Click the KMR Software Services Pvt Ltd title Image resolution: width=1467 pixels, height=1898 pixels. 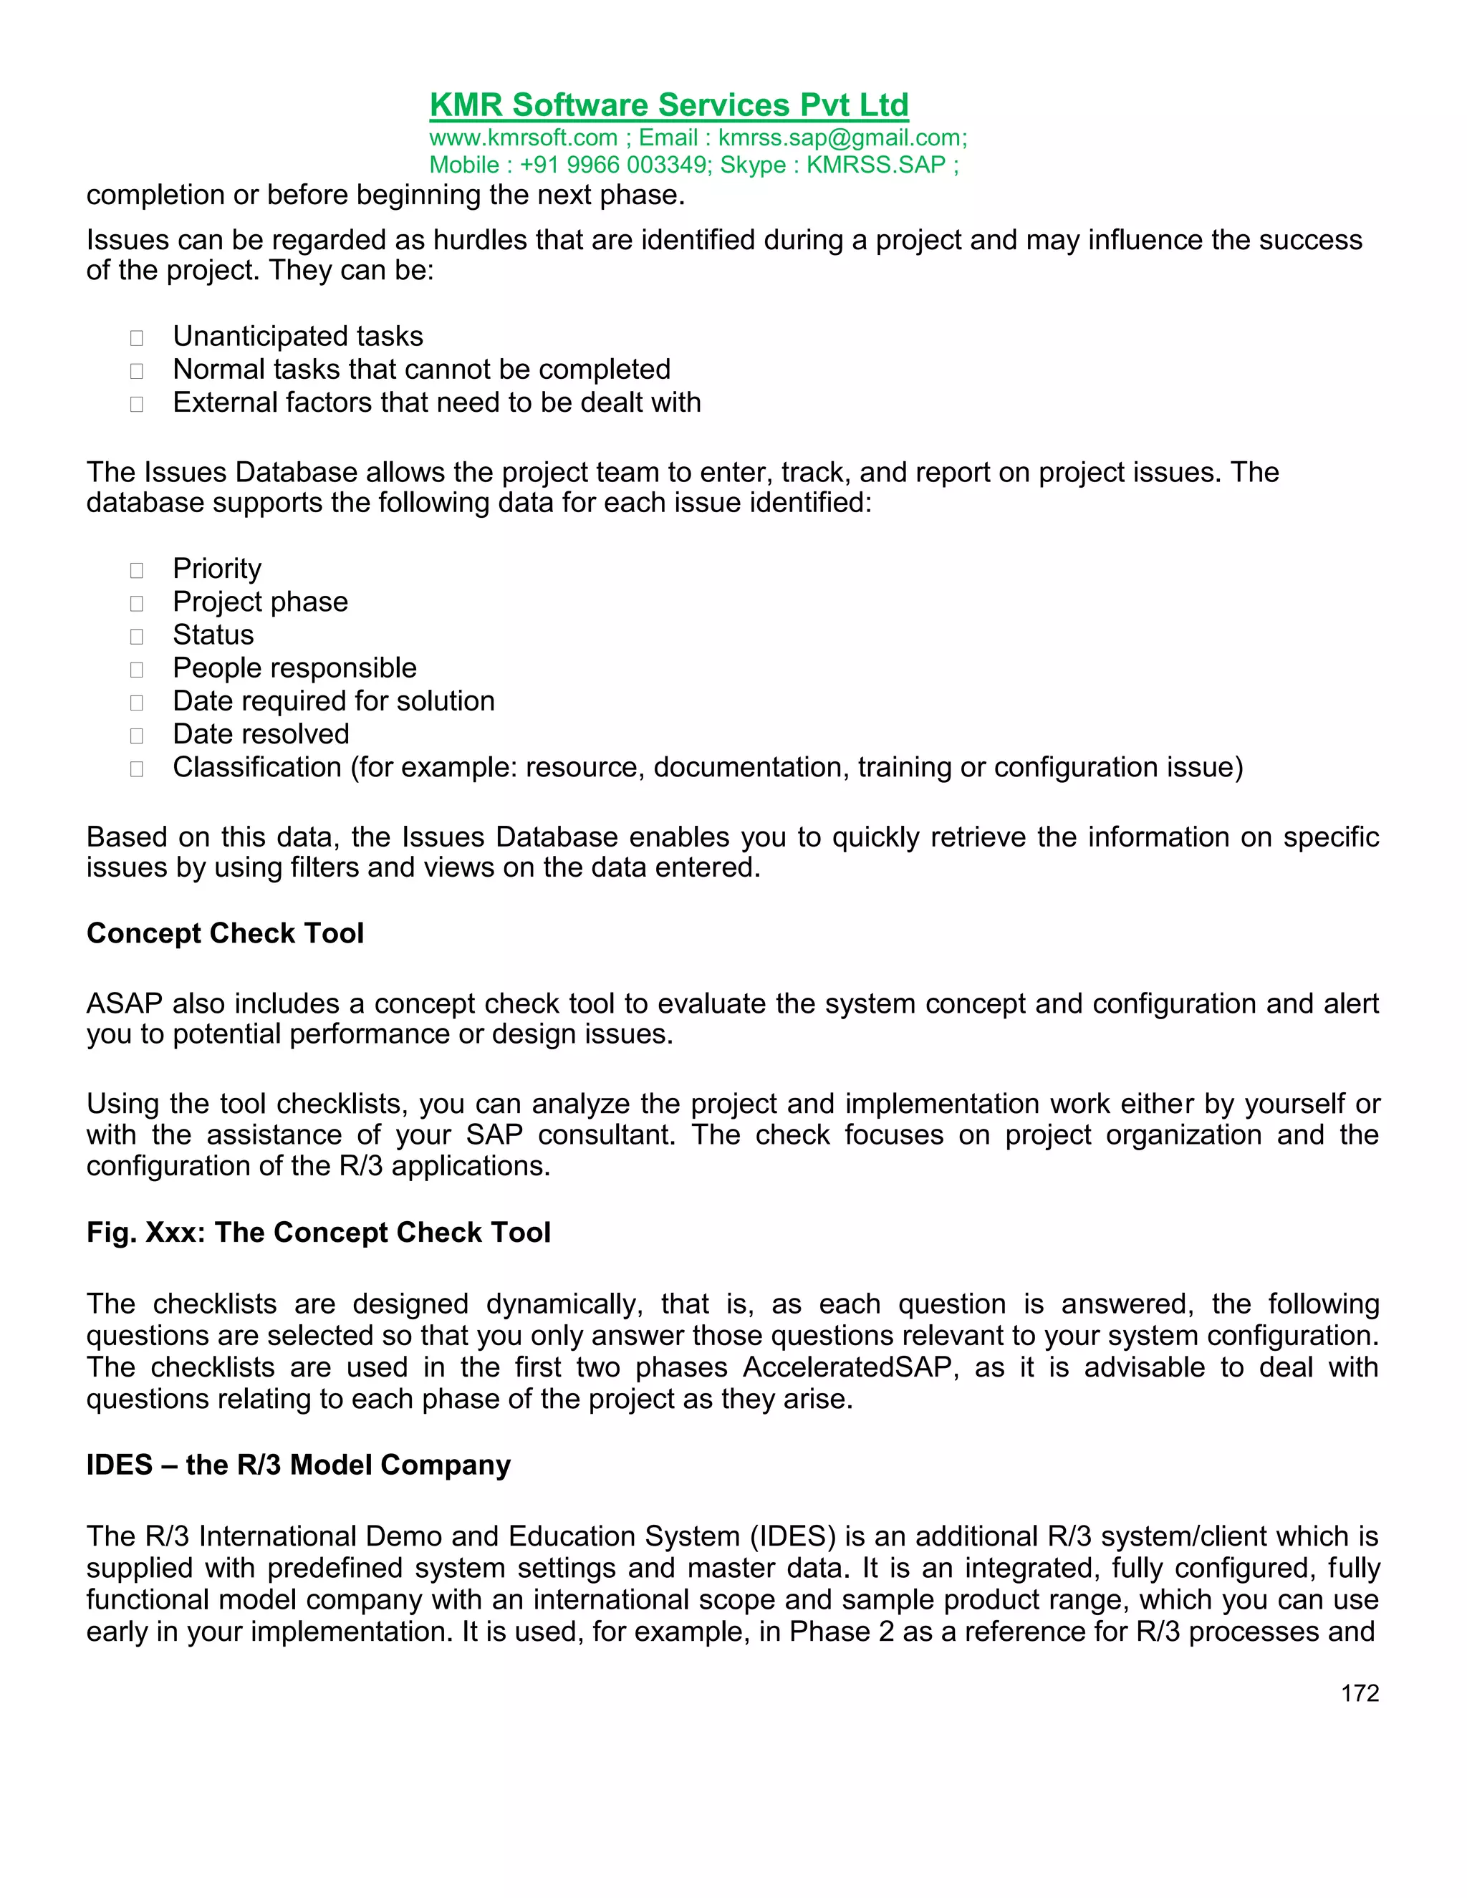pyautogui.click(x=668, y=105)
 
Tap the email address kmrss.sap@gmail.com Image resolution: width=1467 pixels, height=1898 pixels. pyautogui.click(x=841, y=138)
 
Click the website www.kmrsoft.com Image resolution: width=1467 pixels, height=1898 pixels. pyautogui.click(x=523, y=138)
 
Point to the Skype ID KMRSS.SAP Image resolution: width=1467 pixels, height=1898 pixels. pyautogui.click(x=875, y=165)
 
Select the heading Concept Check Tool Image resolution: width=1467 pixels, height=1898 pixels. pyautogui.click(x=225, y=933)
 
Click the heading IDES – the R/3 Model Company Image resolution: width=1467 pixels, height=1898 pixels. pyautogui.click(x=298, y=1465)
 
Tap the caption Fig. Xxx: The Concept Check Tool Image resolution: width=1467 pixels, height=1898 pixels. pyautogui.click(x=318, y=1233)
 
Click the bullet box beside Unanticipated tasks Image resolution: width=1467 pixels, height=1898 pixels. pyautogui.click(x=136, y=338)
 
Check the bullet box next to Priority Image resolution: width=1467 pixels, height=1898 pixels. pyautogui.click(x=136, y=570)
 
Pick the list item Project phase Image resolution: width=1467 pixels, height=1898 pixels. pyautogui.click(x=260, y=602)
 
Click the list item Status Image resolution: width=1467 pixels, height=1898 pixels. pyautogui.click(x=213, y=635)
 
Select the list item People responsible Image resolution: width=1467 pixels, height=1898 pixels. pyautogui.click(x=294, y=668)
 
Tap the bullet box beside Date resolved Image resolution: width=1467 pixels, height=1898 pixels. pyautogui.click(x=136, y=736)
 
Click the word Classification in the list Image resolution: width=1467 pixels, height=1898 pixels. pyautogui.click(x=256, y=767)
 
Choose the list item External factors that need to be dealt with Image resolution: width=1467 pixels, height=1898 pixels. pyautogui.click(x=436, y=403)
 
